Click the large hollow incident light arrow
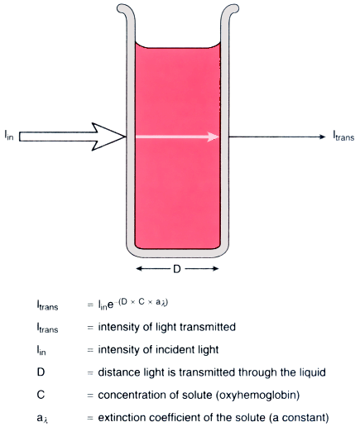pos(72,137)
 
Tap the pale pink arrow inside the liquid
pos(177,137)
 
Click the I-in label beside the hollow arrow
pos(9,135)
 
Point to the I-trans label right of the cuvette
pos(343,136)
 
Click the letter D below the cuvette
pos(177,269)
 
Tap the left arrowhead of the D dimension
pos(139,268)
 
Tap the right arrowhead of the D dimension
pos(215,268)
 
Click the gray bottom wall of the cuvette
pos(177,253)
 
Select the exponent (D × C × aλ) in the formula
pos(143,302)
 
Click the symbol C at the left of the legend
pos(41,395)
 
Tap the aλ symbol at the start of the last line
pos(43,419)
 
